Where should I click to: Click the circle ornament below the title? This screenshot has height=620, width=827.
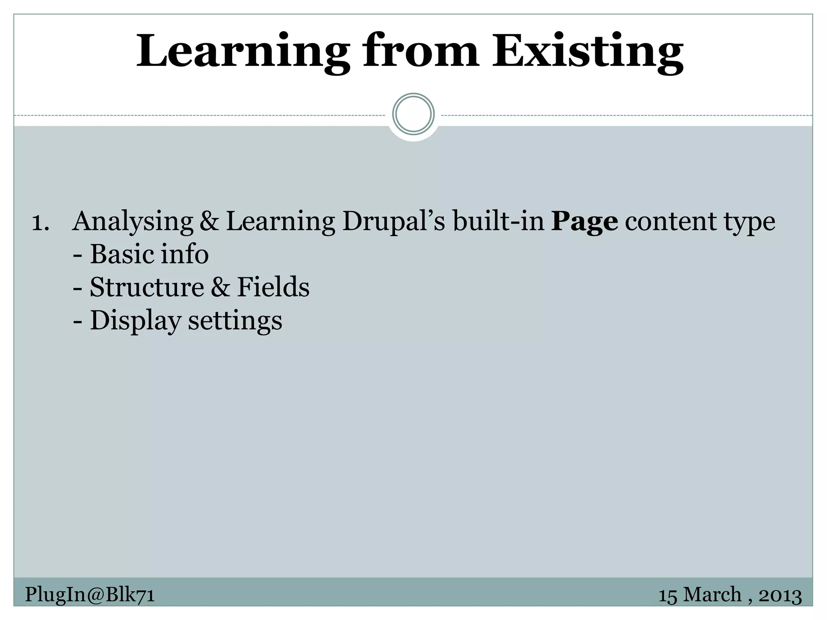[x=413, y=114]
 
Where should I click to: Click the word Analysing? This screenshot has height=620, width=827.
[x=133, y=222]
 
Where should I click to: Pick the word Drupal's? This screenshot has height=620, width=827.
[x=394, y=222]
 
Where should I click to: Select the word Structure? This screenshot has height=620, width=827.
[x=147, y=287]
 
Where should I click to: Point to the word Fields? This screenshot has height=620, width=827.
[x=273, y=287]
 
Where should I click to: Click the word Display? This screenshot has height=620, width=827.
[x=135, y=321]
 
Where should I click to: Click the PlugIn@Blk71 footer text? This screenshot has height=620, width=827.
[x=90, y=595]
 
